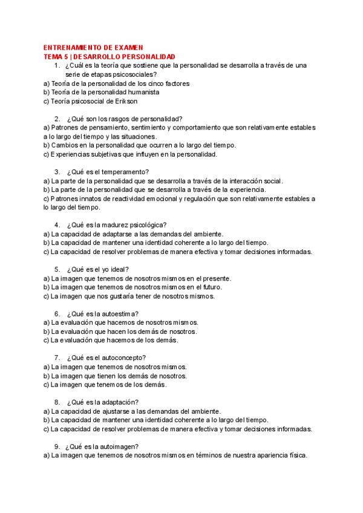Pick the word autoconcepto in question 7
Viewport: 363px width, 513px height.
[125, 358]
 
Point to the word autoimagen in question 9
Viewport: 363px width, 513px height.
[122, 447]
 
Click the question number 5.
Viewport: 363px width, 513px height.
[57, 269]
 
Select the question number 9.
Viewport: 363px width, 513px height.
[57, 447]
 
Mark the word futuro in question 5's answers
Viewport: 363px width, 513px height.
[220, 287]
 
